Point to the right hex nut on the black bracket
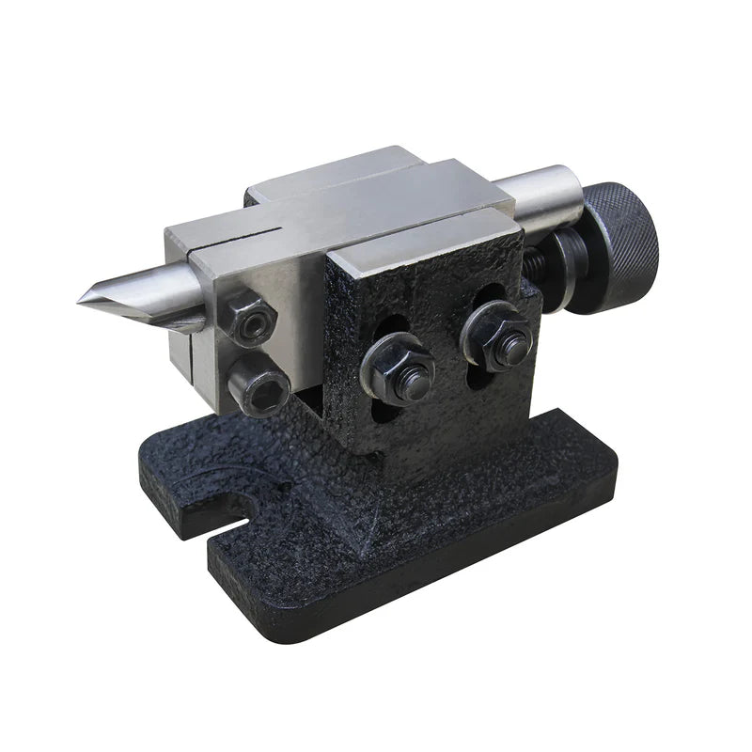tap(493, 337)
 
